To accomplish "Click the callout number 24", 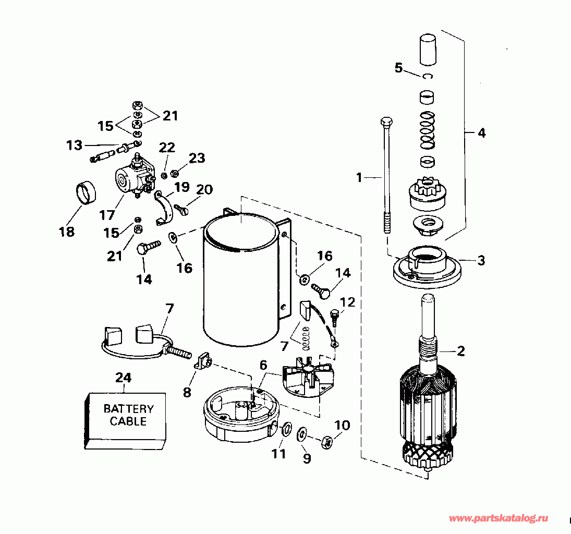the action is tap(123, 378).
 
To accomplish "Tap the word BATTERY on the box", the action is tap(129, 409).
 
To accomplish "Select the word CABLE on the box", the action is tap(128, 421).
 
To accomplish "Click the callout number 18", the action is tap(67, 232).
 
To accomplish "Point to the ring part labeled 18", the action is tap(86, 193).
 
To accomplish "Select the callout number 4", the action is tap(481, 133).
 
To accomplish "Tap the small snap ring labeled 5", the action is tap(428, 77).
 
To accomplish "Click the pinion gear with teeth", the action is tap(428, 197).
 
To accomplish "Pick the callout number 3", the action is tap(481, 260).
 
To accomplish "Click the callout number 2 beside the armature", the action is tap(460, 351).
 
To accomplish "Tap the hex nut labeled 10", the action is tap(327, 442).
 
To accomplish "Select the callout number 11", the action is tap(278, 454).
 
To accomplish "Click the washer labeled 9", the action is tap(302, 433).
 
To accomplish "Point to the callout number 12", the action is tap(347, 302).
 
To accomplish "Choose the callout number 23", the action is tap(197, 158).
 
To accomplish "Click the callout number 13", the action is tap(74, 145).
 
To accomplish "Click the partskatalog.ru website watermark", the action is tap(498, 518).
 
